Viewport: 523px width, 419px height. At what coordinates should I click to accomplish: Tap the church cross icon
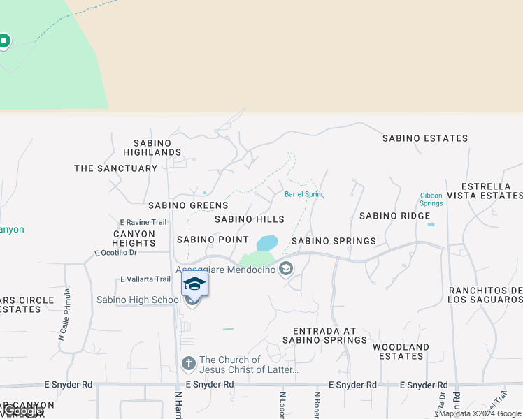click(x=188, y=364)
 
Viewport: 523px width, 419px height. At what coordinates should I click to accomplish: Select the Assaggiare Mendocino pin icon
click(x=285, y=269)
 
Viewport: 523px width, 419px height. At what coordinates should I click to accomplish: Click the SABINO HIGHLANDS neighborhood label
click(x=152, y=147)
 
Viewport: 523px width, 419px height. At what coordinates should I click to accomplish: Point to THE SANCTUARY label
click(x=116, y=168)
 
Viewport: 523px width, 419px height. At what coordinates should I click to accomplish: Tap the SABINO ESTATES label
click(x=425, y=138)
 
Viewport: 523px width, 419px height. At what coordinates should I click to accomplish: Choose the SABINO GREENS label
click(x=188, y=205)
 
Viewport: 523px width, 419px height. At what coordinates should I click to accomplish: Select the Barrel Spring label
click(x=304, y=194)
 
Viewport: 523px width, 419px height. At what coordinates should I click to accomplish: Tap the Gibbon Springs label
click(x=431, y=199)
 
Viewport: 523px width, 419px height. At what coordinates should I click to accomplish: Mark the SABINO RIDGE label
click(x=394, y=216)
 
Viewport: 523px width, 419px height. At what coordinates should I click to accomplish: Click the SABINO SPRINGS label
click(x=334, y=241)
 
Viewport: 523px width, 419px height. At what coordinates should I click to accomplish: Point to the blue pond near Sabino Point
click(x=267, y=243)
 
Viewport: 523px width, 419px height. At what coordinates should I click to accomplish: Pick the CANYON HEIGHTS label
click(x=134, y=238)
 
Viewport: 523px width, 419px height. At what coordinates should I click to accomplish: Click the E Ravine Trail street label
click(x=143, y=222)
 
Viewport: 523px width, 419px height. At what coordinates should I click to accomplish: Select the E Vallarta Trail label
click(x=145, y=279)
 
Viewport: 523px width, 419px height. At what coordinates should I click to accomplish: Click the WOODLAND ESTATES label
click(x=401, y=351)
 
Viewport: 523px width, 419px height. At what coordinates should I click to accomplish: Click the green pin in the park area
click(x=3, y=41)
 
